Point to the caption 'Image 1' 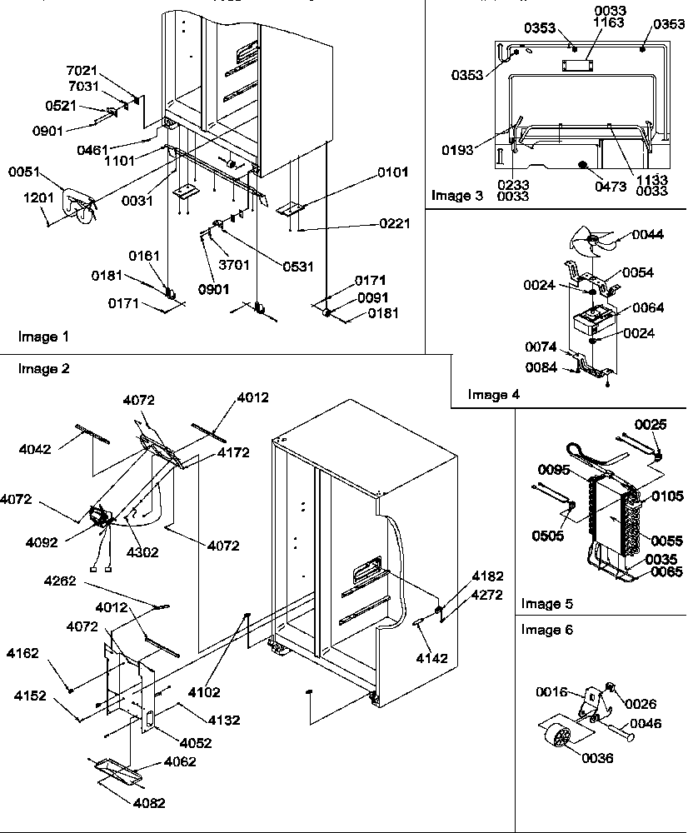[x=43, y=337]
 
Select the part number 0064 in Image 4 [x=648, y=307]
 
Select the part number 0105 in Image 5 [x=668, y=496]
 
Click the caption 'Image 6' [x=546, y=630]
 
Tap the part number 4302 [x=142, y=551]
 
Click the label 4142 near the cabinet [x=431, y=658]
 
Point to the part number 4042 [x=36, y=449]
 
